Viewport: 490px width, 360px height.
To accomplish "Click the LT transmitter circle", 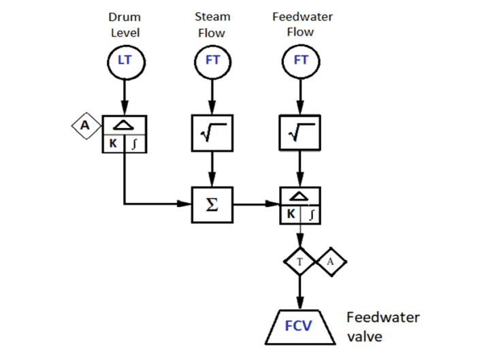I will [x=125, y=60].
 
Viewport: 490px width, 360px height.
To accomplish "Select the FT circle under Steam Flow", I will [x=212, y=60].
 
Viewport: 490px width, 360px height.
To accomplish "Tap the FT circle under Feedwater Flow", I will [x=300, y=60].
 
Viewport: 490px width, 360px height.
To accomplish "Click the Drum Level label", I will [x=125, y=24].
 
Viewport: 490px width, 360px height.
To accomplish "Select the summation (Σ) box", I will [x=212, y=203].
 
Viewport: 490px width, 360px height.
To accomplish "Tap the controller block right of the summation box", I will [x=300, y=203].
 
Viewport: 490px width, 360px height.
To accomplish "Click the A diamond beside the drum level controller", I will [x=85, y=125].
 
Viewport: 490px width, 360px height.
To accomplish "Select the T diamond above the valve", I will [x=300, y=261].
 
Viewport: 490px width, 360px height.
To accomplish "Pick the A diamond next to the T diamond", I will [x=331, y=261].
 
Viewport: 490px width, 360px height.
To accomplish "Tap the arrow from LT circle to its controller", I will [x=125, y=96].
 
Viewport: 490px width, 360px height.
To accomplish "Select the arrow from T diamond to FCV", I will [x=300, y=292].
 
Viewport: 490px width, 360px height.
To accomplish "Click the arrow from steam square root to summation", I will [x=212, y=169].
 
